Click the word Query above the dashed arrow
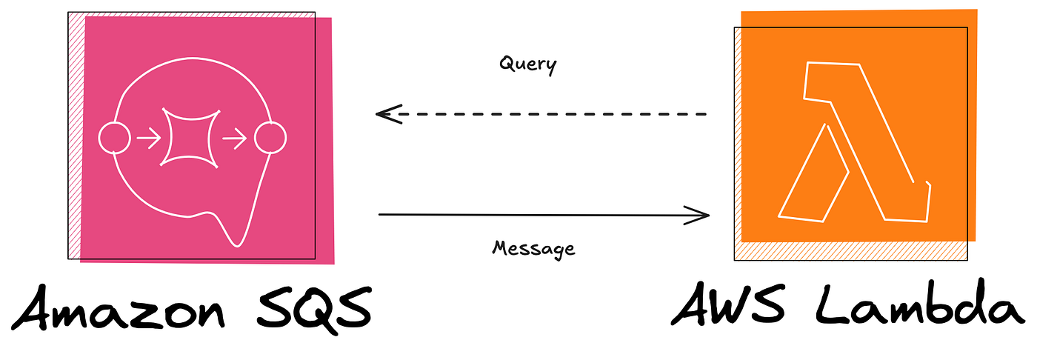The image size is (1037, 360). (527, 64)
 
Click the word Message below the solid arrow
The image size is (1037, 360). (533, 247)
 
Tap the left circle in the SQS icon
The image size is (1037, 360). (115, 138)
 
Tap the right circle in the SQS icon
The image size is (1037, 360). (270, 138)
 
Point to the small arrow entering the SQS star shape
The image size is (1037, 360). (149, 139)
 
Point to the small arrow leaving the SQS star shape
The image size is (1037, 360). (235, 139)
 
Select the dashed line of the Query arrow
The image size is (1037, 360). (556, 114)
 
